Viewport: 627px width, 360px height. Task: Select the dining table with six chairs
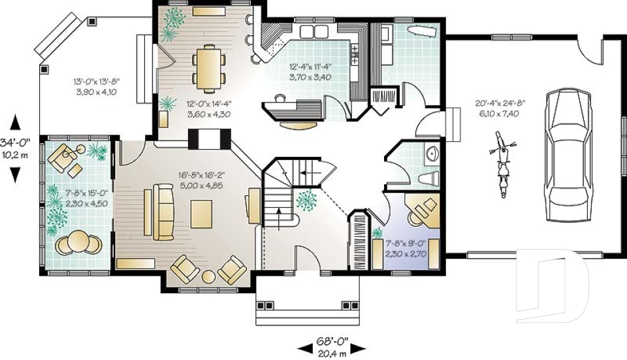click(209, 67)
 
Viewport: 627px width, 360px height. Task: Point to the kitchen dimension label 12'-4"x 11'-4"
click(311, 71)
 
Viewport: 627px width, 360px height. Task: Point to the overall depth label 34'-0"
click(14, 149)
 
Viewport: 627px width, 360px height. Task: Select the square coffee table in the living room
click(202, 214)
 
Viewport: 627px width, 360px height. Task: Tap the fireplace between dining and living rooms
click(209, 139)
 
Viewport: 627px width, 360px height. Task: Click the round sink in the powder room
click(432, 154)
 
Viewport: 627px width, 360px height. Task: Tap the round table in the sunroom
click(78, 242)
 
